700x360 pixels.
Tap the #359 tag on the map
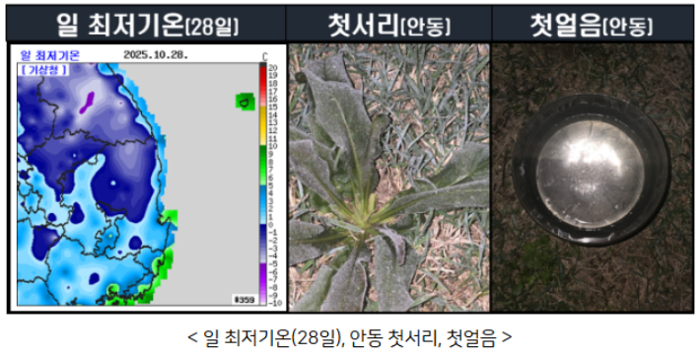(x=244, y=299)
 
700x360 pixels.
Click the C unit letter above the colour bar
(x=263, y=55)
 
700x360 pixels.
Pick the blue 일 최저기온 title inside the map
(x=51, y=55)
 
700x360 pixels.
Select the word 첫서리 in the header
(x=362, y=22)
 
